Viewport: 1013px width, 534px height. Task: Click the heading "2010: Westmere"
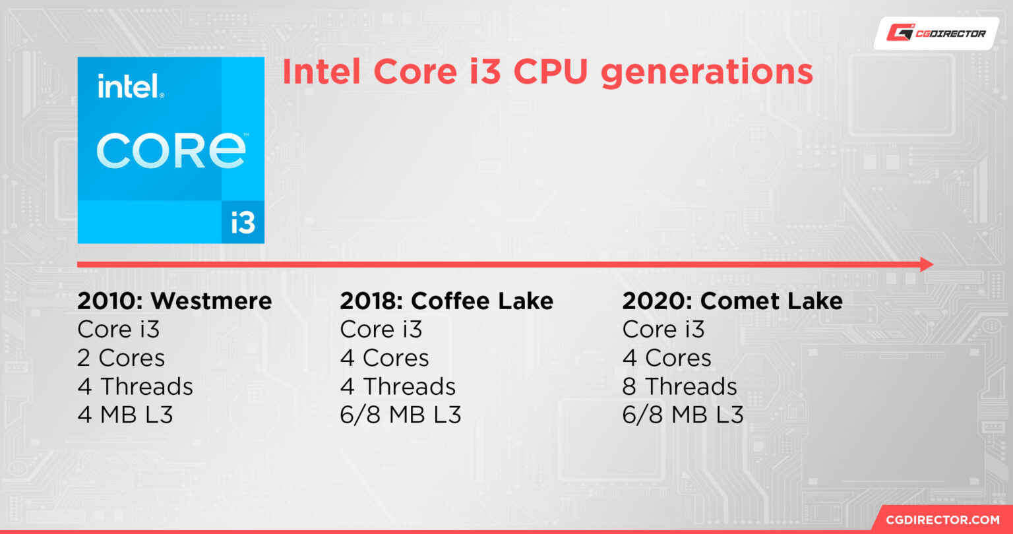pos(174,301)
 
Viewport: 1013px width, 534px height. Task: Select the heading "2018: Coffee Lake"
pos(446,301)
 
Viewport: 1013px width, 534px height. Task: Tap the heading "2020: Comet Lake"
pos(732,301)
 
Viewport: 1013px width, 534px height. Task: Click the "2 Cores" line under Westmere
pos(121,358)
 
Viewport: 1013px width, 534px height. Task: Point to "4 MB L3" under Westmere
pos(125,415)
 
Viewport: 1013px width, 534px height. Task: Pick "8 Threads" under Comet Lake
pos(679,386)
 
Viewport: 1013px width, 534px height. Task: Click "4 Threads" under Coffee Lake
pos(398,386)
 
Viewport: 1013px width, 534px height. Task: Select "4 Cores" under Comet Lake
pos(667,358)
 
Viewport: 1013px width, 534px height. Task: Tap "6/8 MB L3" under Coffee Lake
pos(400,415)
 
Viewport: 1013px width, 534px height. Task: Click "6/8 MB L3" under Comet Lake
pos(683,415)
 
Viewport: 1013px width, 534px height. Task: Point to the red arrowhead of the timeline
pos(926,265)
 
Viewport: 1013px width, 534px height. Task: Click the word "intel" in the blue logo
pos(130,86)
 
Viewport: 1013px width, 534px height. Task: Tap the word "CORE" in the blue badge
pos(171,151)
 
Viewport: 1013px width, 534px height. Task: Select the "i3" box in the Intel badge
pos(243,222)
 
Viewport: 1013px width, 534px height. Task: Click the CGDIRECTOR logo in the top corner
pos(936,33)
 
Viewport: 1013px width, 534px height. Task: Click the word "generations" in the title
pos(706,73)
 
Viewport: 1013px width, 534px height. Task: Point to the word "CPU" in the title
pos(551,73)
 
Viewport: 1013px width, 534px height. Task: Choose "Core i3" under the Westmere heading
pos(118,330)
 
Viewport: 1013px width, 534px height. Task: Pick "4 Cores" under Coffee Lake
pos(384,358)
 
